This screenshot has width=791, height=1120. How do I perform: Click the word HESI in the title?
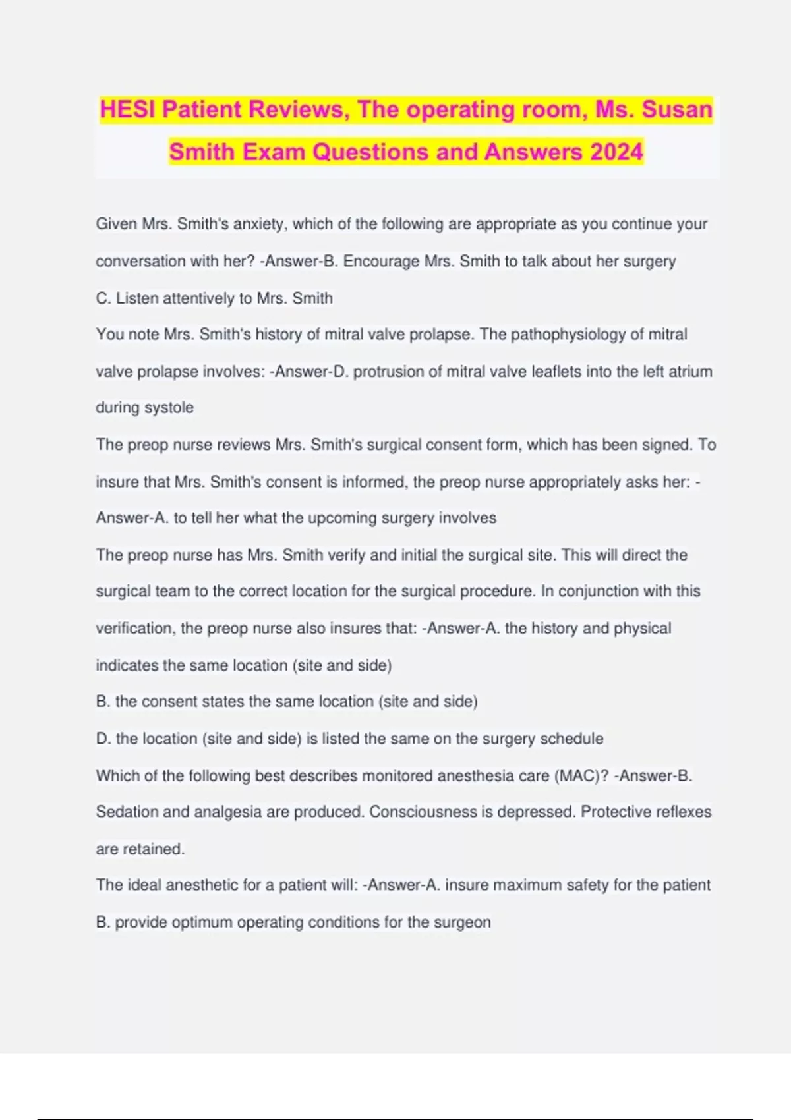tap(127, 109)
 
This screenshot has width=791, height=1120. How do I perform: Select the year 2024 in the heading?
tap(616, 152)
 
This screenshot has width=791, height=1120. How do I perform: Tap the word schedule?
tap(571, 739)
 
